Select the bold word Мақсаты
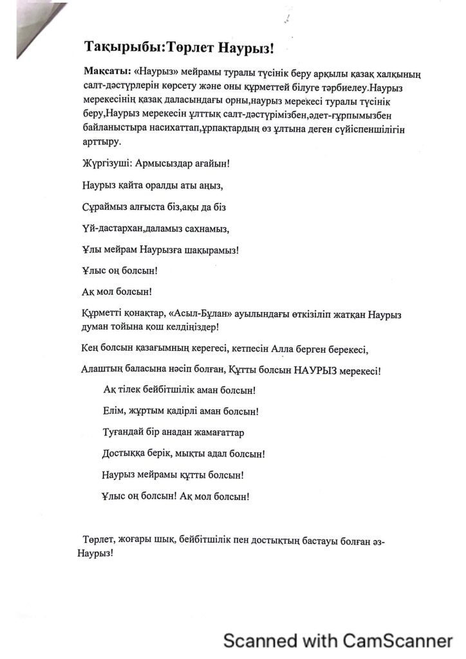point(105,70)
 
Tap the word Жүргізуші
point(108,163)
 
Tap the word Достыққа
point(126,453)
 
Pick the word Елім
point(114,410)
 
